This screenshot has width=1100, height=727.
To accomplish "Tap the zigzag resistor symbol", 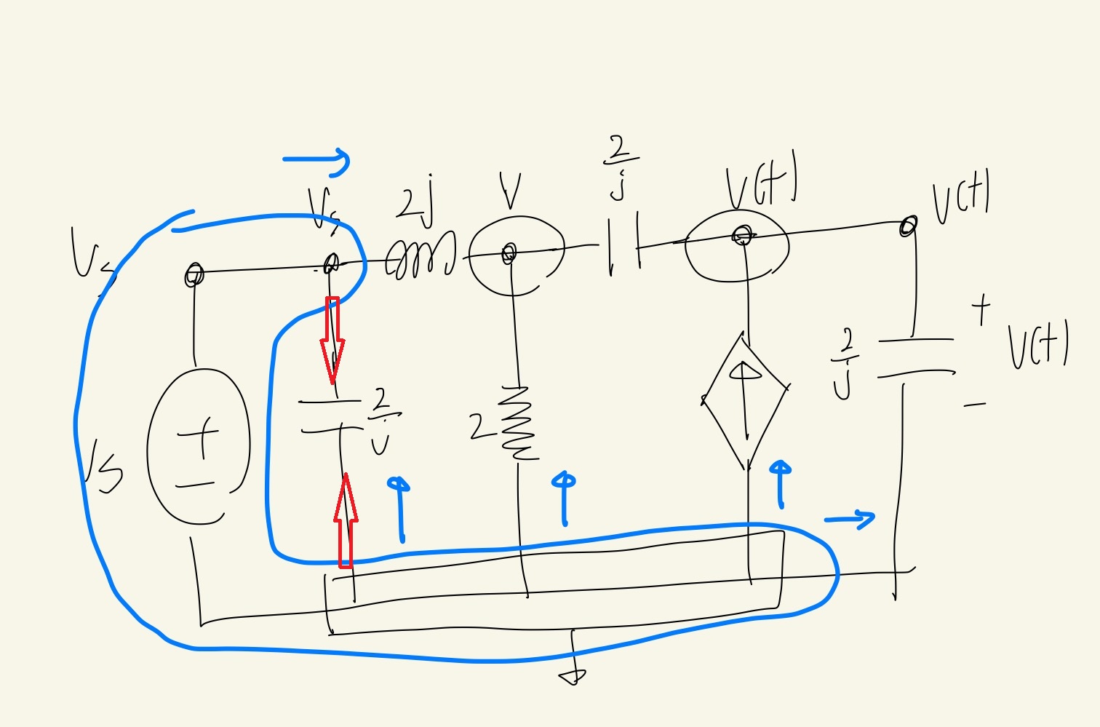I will coord(519,424).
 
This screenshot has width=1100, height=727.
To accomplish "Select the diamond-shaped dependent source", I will coord(744,401).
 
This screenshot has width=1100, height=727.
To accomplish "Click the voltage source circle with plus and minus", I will coord(198,445).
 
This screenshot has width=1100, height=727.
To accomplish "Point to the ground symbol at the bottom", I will coord(573,675).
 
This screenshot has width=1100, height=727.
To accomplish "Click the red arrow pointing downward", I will coord(332,338).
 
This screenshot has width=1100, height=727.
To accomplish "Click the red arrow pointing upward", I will coord(346,520).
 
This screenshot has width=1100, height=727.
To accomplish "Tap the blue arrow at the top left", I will coord(317,161).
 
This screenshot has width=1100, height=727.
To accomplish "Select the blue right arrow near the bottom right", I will coord(850,519).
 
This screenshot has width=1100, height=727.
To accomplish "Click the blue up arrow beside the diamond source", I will coord(780,484).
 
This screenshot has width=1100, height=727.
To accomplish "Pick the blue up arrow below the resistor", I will coord(564,498).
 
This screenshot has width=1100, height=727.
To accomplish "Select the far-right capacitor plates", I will coord(916,357).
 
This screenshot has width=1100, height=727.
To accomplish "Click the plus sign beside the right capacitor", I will coord(981,309).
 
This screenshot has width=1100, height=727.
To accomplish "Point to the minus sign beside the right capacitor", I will coord(975,404).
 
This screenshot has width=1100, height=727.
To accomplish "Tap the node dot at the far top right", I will coord(907,226).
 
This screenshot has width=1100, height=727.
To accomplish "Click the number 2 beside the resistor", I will coord(478,426).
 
